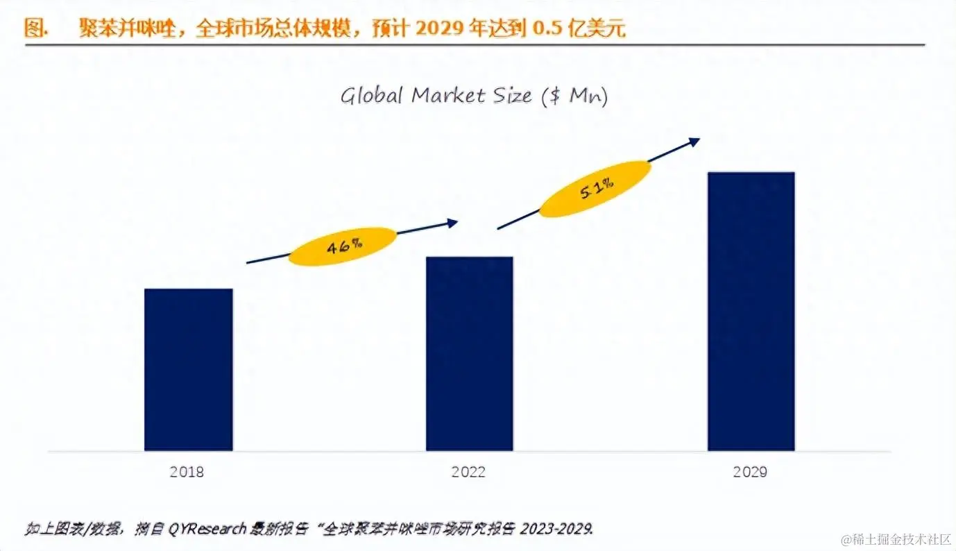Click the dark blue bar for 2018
188,369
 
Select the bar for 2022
469,353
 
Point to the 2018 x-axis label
187,473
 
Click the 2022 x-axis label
469,473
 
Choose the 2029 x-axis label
751,473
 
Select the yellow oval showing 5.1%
596,189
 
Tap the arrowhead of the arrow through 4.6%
453,223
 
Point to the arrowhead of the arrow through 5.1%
694,141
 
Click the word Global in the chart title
372,96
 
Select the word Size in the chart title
512,96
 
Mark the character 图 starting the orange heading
34,29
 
